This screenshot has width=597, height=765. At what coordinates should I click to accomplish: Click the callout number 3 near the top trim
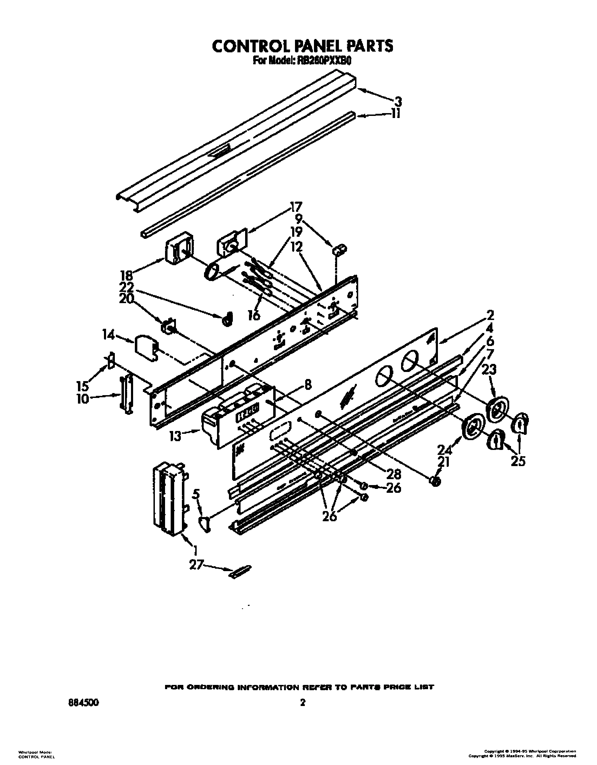point(398,102)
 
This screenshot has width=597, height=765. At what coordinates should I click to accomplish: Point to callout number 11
point(396,115)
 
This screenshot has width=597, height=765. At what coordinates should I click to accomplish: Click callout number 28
point(393,474)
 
